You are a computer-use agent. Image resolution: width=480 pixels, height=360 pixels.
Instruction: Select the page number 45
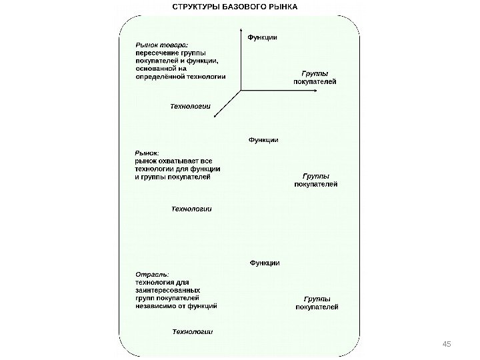447,343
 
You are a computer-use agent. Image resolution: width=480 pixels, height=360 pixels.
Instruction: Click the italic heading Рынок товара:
162,43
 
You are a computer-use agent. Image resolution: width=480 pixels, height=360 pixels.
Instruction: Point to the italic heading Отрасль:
152,274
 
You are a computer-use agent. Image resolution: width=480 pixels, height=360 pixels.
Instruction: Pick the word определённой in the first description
157,77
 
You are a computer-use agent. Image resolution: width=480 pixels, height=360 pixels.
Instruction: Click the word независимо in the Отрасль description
154,307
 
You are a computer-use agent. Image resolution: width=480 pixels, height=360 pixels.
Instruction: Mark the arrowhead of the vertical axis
240,29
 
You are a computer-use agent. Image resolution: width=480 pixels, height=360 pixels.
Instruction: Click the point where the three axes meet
240,90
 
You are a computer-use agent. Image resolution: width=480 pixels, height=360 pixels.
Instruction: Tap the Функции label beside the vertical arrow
263,37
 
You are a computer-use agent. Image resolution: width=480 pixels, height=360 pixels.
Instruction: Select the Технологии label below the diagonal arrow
191,105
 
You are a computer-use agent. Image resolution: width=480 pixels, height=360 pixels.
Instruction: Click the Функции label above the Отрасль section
264,263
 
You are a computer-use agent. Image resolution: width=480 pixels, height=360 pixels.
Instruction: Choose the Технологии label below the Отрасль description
192,331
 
